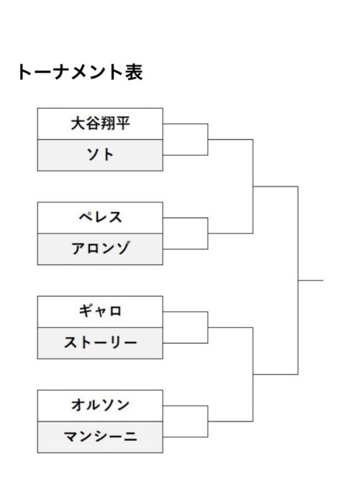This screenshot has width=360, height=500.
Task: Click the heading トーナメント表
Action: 80,72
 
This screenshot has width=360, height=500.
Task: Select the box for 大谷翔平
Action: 100,124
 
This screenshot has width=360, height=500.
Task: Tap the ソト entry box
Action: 100,156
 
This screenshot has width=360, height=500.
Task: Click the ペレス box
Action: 100,218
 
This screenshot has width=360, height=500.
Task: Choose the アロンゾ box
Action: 100,249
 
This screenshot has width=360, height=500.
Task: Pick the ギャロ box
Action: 100,311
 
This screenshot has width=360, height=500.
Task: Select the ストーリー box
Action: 100,343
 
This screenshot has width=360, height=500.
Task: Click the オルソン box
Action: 100,406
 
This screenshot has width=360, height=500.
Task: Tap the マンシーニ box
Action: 100,437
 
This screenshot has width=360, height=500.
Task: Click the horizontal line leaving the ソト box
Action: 186,156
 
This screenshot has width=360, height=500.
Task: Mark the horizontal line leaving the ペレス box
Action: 186,218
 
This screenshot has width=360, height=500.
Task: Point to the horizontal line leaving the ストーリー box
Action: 186,343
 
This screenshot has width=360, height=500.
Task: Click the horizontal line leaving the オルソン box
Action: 186,406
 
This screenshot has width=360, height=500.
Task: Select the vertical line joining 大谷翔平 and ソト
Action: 208,139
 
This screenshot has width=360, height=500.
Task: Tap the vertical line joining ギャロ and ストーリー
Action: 208,328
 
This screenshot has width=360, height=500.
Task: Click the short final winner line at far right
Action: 310,280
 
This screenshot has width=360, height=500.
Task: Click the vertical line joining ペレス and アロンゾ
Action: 208,233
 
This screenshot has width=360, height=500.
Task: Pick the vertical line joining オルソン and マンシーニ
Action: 208,421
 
